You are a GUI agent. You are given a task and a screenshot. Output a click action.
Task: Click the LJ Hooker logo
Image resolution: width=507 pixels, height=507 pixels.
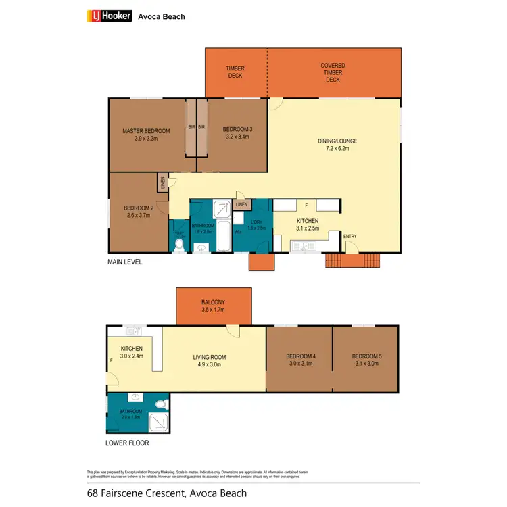click(109, 16)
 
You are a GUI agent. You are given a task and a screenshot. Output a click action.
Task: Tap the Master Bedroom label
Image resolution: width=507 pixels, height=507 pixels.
click(145, 130)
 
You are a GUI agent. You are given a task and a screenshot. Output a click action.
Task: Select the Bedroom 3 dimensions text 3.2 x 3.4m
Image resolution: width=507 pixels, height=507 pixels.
click(237, 137)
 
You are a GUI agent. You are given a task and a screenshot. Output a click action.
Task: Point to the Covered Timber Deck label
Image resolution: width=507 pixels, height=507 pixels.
click(333, 73)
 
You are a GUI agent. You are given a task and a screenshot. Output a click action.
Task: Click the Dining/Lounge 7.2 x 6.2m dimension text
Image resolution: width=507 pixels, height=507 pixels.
click(337, 149)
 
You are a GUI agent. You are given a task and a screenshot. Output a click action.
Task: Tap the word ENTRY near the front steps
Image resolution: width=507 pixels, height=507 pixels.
click(350, 236)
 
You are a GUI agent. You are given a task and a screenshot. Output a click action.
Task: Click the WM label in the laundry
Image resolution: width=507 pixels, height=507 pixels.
click(237, 232)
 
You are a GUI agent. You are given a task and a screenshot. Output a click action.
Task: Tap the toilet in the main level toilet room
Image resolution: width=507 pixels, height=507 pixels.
click(179, 245)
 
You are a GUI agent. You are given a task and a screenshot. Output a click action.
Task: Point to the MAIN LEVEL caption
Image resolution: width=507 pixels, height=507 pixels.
click(125, 262)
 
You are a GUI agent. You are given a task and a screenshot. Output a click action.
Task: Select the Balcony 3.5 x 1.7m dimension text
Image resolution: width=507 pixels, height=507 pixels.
click(213, 310)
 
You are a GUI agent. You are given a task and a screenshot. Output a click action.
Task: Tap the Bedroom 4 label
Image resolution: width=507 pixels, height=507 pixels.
click(299, 356)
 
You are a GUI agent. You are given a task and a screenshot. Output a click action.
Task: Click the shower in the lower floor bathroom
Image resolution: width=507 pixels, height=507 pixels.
click(157, 420)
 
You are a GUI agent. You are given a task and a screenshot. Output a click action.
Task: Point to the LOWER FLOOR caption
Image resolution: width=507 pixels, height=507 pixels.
click(127, 443)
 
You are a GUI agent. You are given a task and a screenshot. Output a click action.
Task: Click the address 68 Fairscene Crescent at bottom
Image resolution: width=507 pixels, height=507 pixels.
click(166, 493)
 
